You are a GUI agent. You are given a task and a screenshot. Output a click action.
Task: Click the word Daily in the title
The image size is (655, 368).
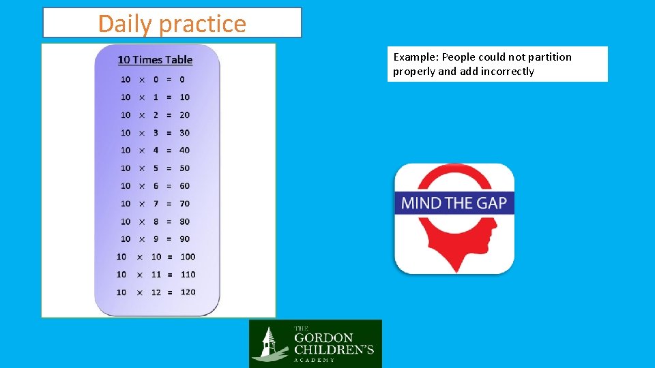[x=126, y=24]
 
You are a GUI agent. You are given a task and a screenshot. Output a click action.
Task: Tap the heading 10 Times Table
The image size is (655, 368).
[x=155, y=60]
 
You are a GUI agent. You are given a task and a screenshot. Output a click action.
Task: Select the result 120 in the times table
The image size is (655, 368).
[x=188, y=292]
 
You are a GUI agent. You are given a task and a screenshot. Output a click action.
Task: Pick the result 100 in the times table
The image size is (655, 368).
[x=188, y=256]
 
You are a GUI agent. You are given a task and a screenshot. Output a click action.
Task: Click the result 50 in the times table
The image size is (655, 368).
[x=185, y=168]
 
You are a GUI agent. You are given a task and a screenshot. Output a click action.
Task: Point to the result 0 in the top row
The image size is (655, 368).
[x=182, y=79]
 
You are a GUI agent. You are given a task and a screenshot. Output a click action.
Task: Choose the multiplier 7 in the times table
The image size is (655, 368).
[x=156, y=203]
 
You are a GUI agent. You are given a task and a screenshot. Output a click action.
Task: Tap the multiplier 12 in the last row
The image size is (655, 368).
[x=157, y=292]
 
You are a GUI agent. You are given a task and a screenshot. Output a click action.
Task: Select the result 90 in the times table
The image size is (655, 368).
[x=185, y=239]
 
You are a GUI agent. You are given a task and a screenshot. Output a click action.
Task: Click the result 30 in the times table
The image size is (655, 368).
[x=185, y=132]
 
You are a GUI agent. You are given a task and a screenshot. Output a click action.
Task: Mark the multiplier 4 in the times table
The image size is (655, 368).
[x=156, y=150]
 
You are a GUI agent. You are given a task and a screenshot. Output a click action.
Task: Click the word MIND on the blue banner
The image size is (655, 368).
[x=422, y=203]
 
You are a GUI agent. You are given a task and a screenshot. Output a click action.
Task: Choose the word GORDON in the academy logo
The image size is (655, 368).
[x=323, y=337]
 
